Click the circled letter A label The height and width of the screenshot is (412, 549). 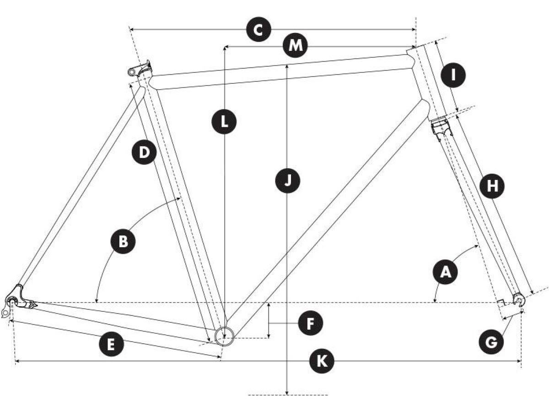click(x=446, y=272)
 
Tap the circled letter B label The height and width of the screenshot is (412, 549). click(x=123, y=241)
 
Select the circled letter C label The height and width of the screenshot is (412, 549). click(x=258, y=29)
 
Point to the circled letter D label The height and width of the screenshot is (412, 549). click(x=144, y=152)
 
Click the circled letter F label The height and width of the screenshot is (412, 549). click(x=310, y=323)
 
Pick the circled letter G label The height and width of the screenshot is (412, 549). click(x=491, y=342)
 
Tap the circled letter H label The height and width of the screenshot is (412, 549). click(x=492, y=186)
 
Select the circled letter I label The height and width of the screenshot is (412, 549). click(x=453, y=75)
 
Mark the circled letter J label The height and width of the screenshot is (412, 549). click(x=287, y=180)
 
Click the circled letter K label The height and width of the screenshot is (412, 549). click(x=322, y=361)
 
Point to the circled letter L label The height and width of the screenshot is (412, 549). click(x=224, y=122)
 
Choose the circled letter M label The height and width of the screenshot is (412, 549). click(x=295, y=45)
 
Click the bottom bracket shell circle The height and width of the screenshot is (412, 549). click(x=224, y=336)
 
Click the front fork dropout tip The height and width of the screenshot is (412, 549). click(x=519, y=299)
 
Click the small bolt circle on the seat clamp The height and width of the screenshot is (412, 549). click(x=131, y=72)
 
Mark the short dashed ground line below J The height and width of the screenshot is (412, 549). click(x=288, y=395)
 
